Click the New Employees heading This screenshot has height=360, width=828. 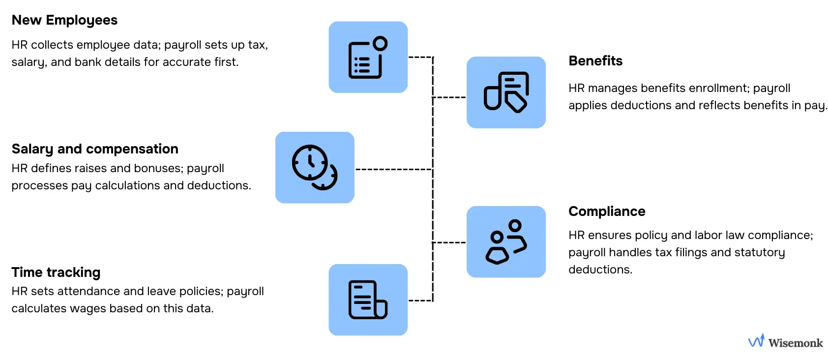[64, 20]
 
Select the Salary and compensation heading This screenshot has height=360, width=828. [95, 149]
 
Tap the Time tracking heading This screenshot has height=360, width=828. [56, 272]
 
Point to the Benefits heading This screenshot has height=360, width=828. [595, 61]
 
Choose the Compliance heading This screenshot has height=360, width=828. [607, 211]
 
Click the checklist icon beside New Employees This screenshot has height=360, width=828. [368, 57]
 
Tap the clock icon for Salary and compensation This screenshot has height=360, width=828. [315, 167]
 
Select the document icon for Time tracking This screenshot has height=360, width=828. [368, 300]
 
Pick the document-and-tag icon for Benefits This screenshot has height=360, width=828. [506, 92]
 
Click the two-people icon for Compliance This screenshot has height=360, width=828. [506, 241]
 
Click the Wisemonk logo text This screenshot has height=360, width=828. [795, 343]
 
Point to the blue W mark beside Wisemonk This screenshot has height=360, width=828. [756, 340]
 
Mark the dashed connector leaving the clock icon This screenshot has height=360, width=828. [393, 169]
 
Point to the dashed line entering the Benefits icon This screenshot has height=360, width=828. [449, 97]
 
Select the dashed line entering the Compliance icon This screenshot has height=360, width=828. [449, 242]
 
